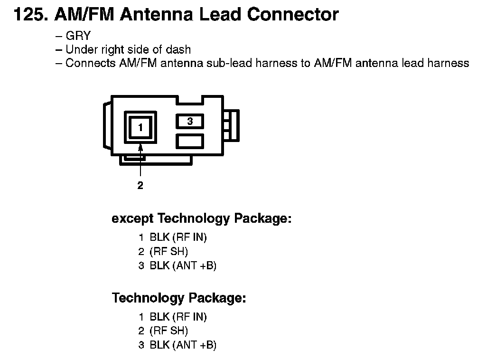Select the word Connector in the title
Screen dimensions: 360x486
point(293,14)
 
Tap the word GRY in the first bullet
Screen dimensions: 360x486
point(78,36)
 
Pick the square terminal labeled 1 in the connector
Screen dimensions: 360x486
point(140,127)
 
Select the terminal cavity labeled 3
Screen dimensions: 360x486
point(190,122)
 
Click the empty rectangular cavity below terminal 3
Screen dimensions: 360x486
point(190,141)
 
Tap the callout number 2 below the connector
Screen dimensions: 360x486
point(140,186)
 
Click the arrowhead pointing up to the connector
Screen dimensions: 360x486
point(140,150)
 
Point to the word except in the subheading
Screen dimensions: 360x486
point(132,219)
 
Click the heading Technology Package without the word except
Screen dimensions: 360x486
point(179,298)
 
